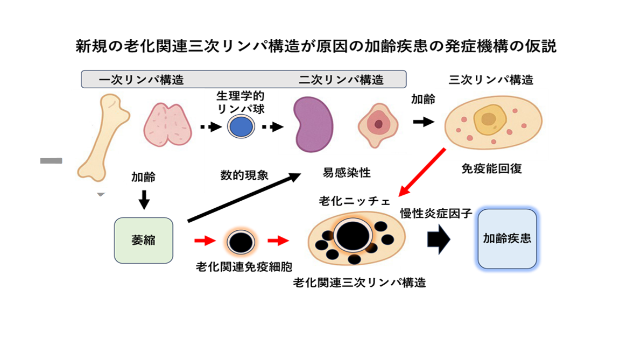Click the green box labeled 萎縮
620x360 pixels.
[x=144, y=240]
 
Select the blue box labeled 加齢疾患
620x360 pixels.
[x=507, y=238]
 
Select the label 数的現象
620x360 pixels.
[x=244, y=175]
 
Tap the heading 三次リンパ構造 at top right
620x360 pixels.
[x=491, y=80]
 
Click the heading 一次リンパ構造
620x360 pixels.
[x=141, y=80]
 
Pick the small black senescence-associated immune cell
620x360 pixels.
[x=240, y=241]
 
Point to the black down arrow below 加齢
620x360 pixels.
[x=144, y=200]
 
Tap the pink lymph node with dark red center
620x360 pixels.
[x=378, y=125]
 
